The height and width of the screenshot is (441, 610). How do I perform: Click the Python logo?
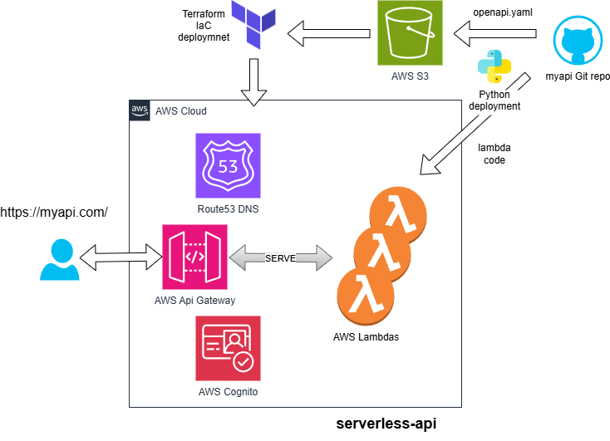(x=494, y=67)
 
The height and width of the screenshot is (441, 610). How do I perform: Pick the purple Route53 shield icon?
(x=228, y=164)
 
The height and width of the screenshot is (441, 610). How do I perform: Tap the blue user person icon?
(x=60, y=259)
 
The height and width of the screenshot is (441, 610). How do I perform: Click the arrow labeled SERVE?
(x=278, y=257)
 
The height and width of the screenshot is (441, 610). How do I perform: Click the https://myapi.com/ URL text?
(x=54, y=213)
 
